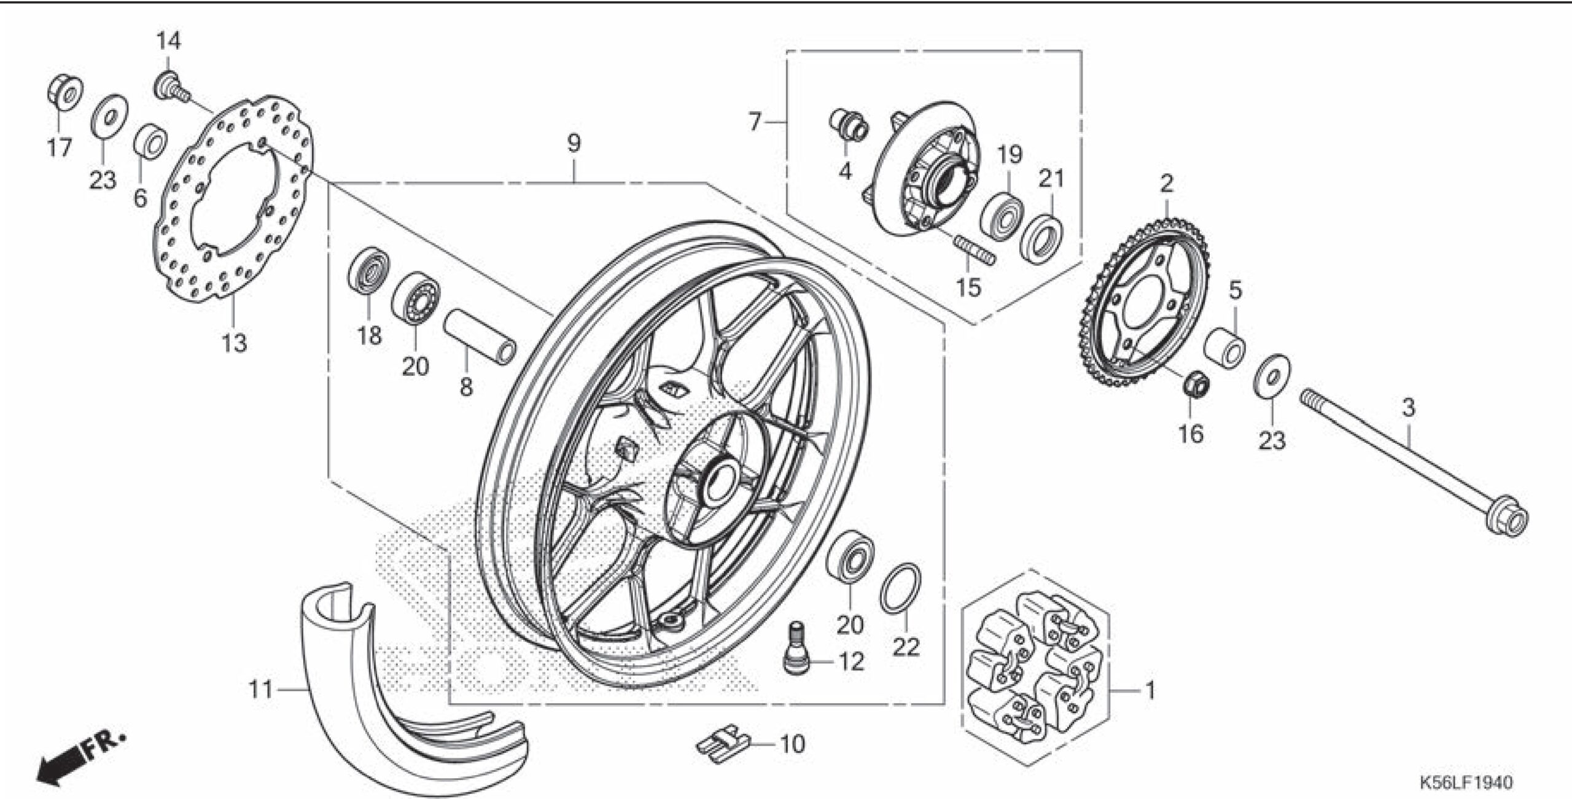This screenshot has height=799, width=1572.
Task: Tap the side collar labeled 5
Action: (x=1224, y=348)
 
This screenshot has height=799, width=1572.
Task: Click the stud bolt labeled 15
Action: (x=975, y=250)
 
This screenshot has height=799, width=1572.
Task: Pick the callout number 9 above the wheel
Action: (x=573, y=143)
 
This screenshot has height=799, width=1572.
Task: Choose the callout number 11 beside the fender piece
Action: (x=260, y=690)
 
